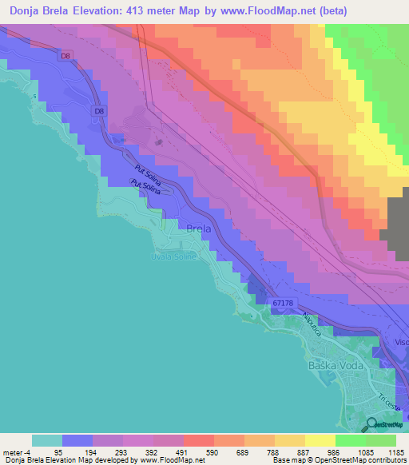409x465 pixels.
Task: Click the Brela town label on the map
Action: [x=198, y=229]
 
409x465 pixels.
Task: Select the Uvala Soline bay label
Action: [x=174, y=256]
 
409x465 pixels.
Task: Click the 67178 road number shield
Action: [x=282, y=303]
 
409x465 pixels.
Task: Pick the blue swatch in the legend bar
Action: [x=77, y=440]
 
